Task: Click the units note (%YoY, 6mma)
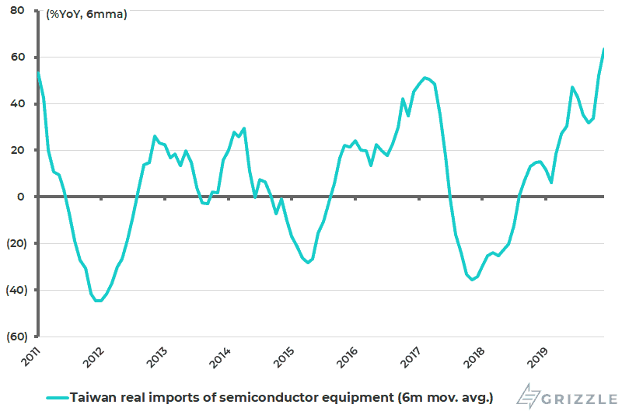(x=86, y=14)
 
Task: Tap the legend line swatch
(x=56, y=397)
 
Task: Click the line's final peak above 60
(x=604, y=49)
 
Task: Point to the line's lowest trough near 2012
(x=97, y=301)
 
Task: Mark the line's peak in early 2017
(x=425, y=77)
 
